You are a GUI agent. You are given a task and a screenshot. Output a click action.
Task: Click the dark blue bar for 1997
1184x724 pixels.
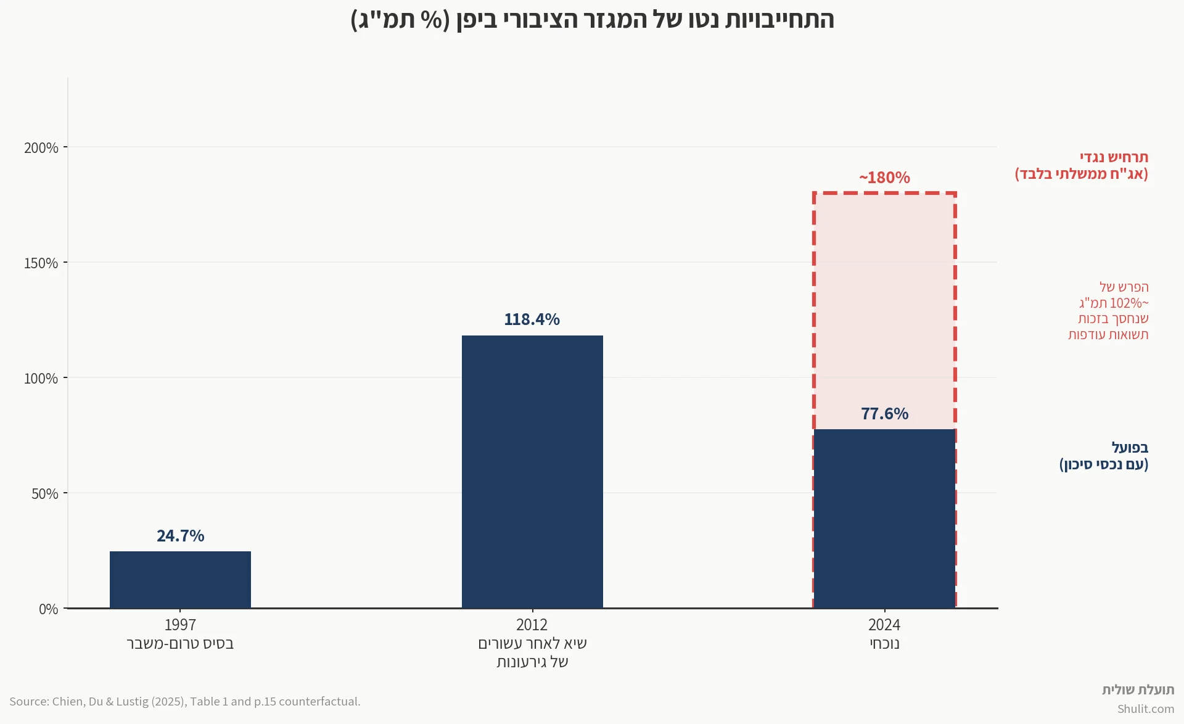coord(180,580)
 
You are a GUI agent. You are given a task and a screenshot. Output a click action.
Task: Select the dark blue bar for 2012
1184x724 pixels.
coord(532,472)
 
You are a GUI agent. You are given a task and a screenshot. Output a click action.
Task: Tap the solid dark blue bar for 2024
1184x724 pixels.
coord(884,519)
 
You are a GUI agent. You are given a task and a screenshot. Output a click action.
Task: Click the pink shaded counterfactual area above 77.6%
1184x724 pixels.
coord(884,308)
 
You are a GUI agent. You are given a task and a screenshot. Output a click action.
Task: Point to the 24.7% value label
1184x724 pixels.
coord(180,535)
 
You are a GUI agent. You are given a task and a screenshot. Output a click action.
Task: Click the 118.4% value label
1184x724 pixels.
coord(532,319)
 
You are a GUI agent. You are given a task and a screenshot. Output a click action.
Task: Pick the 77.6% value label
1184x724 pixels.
coord(884,413)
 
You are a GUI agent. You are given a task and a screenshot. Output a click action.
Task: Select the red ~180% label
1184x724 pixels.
coord(884,178)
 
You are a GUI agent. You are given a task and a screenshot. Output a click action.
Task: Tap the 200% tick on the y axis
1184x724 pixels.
coord(41,148)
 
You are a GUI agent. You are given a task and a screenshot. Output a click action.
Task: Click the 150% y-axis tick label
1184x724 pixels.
coord(41,263)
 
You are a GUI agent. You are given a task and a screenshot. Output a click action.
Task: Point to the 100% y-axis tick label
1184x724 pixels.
coord(41,379)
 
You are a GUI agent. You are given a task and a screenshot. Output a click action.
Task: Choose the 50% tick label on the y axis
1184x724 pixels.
coord(45,494)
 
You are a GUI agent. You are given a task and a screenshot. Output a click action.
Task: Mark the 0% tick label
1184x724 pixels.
coord(49,609)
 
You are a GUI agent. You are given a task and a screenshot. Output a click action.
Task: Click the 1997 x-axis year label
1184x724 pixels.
coord(180,625)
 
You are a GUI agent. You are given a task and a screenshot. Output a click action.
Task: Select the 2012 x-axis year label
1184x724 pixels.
coord(532,625)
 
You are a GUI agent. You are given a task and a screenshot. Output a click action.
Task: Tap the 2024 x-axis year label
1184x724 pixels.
coord(884,625)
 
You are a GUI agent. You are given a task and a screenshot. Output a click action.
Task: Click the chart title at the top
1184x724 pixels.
coord(592,20)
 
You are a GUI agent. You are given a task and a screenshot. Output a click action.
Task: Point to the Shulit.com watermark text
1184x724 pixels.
coord(1145,709)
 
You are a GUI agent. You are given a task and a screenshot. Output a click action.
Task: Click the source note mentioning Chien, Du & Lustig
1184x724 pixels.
coord(185,701)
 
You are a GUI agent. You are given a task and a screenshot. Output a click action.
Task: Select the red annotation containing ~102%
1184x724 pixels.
coord(1109,311)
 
